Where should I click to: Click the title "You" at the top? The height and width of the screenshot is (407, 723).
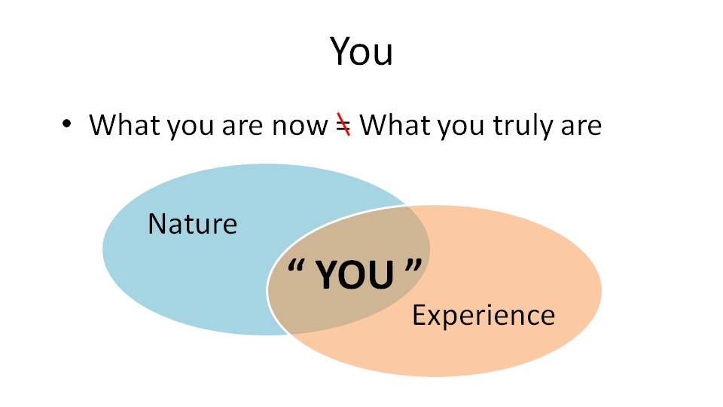[x=361, y=51]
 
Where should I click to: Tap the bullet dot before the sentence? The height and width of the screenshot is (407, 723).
[x=67, y=124]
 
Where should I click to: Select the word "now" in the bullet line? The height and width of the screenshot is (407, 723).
[x=300, y=126]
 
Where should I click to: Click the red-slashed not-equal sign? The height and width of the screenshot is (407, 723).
[x=343, y=124]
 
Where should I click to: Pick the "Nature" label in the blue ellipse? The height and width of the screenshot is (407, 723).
[x=193, y=224]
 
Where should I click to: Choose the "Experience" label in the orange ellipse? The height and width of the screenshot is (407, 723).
[x=484, y=316]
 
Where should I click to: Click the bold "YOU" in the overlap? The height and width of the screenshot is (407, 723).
[x=355, y=274]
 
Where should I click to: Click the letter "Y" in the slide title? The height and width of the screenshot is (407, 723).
[x=341, y=50]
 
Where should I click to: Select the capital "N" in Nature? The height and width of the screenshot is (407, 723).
[x=157, y=224]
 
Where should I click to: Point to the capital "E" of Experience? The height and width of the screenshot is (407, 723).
[x=419, y=315]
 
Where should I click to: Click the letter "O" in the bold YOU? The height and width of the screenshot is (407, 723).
[x=354, y=274]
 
